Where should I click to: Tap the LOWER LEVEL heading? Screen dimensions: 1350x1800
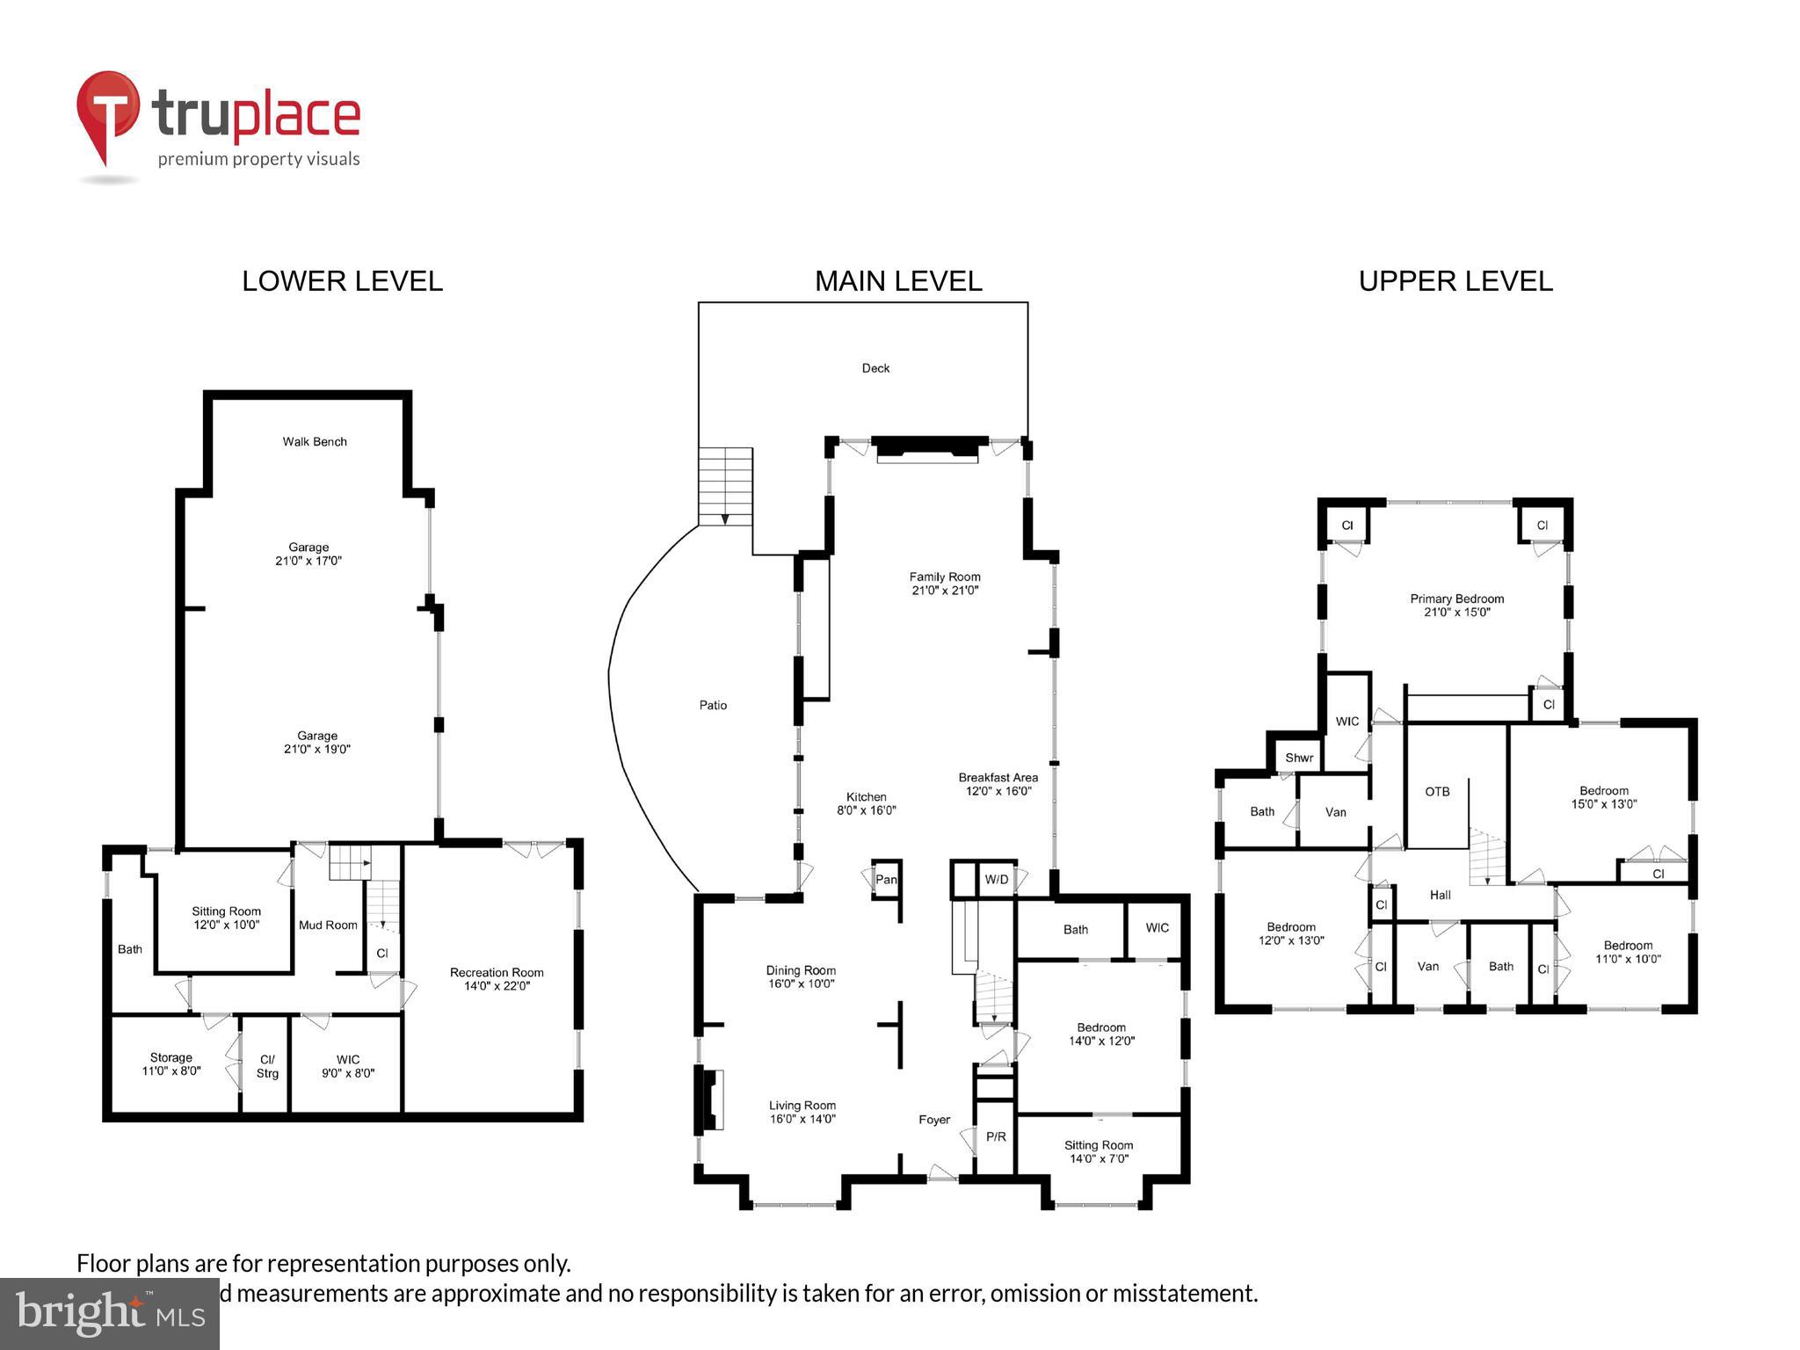342,281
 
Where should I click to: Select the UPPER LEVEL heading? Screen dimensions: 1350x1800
1455,281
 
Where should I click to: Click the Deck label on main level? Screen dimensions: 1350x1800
875,368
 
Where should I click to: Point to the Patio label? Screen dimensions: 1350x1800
713,705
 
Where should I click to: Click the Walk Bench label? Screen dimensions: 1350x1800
315,441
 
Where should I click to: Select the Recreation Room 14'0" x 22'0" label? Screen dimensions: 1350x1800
497,978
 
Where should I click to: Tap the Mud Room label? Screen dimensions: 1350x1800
328,925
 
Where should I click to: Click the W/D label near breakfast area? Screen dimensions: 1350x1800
996,879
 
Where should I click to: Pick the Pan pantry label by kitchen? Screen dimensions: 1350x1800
886,879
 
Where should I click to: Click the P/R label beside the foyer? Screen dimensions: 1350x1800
995,1136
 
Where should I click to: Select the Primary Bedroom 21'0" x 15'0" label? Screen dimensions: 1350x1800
1456,605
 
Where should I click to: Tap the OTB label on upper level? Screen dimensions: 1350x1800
1437,791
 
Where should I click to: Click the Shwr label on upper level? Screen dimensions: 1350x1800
1299,758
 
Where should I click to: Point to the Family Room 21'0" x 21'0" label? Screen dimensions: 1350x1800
945,584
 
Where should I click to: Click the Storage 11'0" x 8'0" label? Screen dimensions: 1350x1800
171,1063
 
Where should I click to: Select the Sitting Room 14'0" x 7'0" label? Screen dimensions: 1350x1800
1099,1151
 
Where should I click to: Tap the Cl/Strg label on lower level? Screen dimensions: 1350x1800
267,1066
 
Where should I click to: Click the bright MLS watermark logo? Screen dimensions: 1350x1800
110,1314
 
